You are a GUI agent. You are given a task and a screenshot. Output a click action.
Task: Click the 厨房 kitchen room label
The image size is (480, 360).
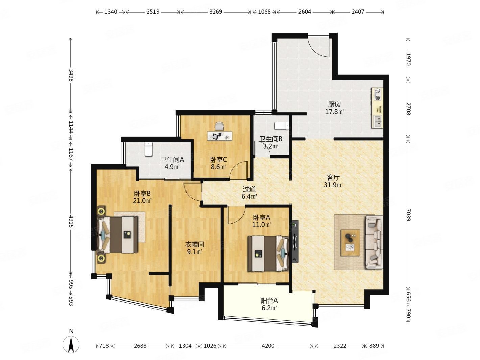tap(334, 104)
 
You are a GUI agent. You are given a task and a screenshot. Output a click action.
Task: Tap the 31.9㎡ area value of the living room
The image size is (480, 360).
tap(333, 185)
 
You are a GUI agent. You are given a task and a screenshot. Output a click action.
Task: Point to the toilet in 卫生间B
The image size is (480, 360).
tap(282, 126)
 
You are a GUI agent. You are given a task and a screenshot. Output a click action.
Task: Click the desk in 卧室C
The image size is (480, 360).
tap(219, 136)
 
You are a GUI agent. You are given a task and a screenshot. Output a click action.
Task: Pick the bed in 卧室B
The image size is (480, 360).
tap(118, 235)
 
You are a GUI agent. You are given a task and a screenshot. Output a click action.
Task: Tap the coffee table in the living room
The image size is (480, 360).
tap(350, 242)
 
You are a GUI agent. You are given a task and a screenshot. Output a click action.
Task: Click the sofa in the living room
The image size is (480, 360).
tap(374, 242)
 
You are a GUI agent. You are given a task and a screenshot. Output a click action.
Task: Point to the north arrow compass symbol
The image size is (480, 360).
tap(71, 344)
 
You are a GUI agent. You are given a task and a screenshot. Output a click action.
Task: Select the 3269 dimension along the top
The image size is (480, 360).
tap(216, 11)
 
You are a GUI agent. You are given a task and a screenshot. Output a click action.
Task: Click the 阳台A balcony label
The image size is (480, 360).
tap(269, 301)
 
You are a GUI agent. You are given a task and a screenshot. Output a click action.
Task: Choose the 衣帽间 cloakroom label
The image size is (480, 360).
tap(195, 244)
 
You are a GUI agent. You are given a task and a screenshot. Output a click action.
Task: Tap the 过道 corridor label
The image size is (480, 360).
tap(249, 189)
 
